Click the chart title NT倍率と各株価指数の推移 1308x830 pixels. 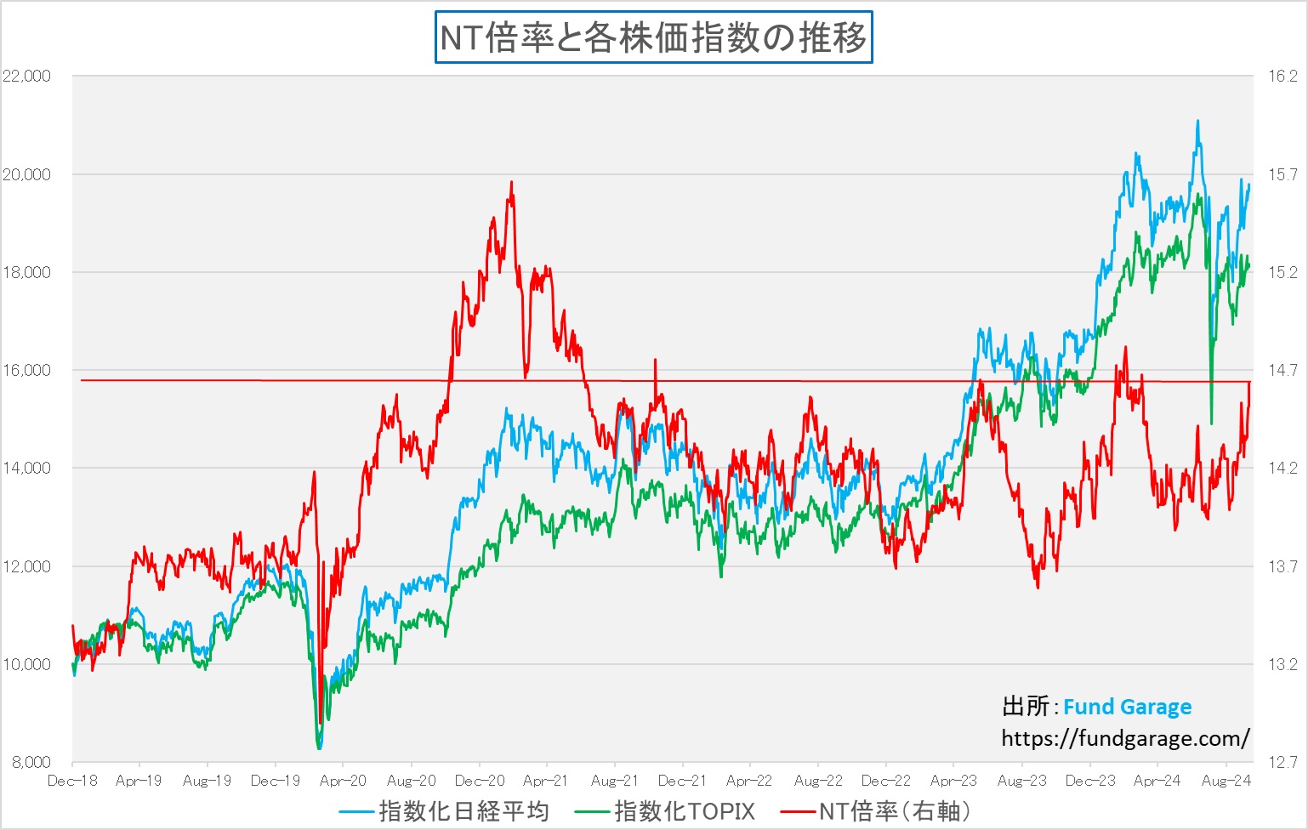click(x=653, y=38)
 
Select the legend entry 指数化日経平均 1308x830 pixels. click(x=463, y=811)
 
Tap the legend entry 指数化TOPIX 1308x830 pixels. click(x=684, y=811)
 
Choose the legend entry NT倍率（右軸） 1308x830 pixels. click(x=894, y=811)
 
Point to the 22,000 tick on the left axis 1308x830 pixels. click(x=27, y=76)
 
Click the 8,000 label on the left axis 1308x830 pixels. click(x=31, y=762)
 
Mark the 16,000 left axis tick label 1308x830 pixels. click(x=27, y=370)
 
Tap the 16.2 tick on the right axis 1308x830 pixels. click(x=1282, y=76)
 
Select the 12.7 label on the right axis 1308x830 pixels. click(x=1282, y=762)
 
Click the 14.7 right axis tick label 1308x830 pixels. click(x=1282, y=370)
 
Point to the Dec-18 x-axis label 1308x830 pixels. click(x=72, y=781)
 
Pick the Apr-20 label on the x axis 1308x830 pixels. click(x=343, y=781)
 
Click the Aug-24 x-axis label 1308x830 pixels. click(x=1226, y=781)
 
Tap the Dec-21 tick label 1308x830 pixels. click(x=682, y=781)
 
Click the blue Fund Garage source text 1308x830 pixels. click(x=1127, y=707)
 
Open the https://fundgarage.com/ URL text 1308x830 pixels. click(x=1125, y=738)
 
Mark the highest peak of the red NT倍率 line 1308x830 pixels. click(x=511, y=181)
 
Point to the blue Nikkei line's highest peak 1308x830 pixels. click(x=1197, y=121)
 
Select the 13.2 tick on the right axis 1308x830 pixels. click(x=1282, y=664)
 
